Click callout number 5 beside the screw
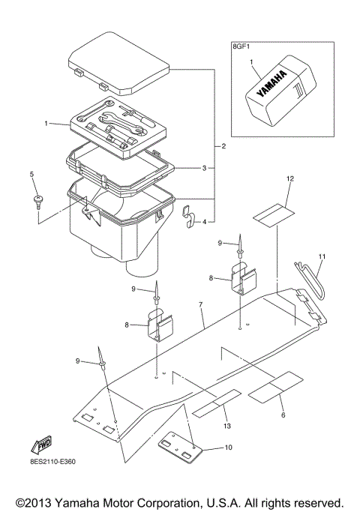click(32, 175)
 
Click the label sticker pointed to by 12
click(272, 213)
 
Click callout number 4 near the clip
click(204, 222)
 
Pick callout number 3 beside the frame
click(204, 169)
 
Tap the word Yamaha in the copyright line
click(82, 501)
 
